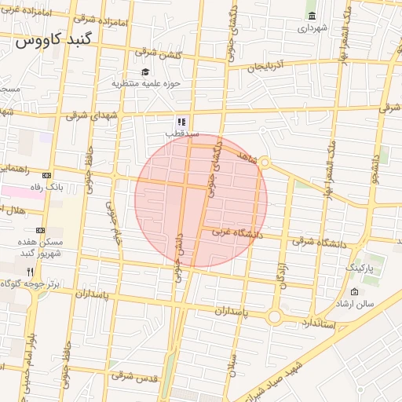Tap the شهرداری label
312,28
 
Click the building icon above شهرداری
312,16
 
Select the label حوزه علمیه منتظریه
146,83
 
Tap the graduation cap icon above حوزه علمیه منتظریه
145,72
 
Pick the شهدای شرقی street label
88,115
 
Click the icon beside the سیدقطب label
181,122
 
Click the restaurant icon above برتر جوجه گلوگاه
30,271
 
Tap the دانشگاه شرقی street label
320,243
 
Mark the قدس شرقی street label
134,376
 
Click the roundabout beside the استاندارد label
275,317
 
